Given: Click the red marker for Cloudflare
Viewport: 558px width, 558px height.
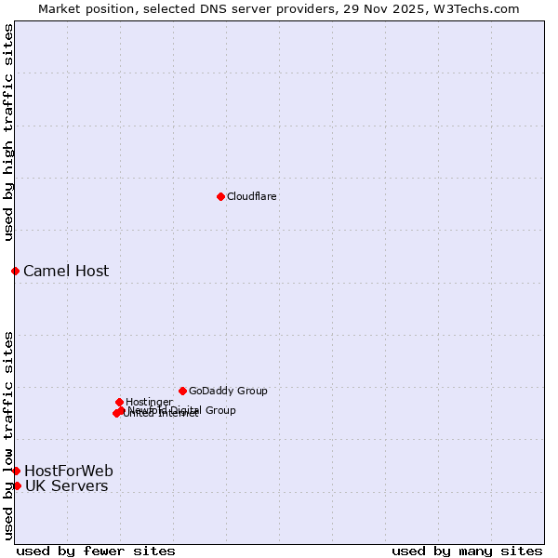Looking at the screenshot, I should point(220,196).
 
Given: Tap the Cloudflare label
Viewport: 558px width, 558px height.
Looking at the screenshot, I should point(251,196).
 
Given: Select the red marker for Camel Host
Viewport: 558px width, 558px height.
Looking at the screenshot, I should point(15,271).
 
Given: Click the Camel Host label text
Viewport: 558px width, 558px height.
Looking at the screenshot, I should point(66,272).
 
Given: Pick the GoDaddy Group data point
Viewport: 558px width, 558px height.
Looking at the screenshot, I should point(182,391).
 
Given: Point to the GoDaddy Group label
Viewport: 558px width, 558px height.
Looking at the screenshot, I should point(228,391).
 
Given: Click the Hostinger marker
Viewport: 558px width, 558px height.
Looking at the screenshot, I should point(119,402).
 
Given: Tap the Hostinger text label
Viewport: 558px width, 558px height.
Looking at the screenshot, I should point(149,402).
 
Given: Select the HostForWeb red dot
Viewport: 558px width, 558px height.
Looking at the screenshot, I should point(16,471).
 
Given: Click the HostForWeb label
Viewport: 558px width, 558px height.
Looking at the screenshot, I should point(69,471).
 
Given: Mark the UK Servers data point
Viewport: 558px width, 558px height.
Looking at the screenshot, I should point(17,485).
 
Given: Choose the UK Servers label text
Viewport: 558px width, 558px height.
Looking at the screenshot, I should point(66,486).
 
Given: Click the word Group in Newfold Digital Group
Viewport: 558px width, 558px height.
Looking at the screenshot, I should point(219,410).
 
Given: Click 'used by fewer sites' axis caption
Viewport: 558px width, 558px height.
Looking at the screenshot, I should point(96,551).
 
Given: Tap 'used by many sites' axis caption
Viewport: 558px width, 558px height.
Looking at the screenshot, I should point(467,551).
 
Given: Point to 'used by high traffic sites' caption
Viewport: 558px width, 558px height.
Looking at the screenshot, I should point(8,132).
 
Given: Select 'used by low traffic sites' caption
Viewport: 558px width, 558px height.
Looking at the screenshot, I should point(8,434).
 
